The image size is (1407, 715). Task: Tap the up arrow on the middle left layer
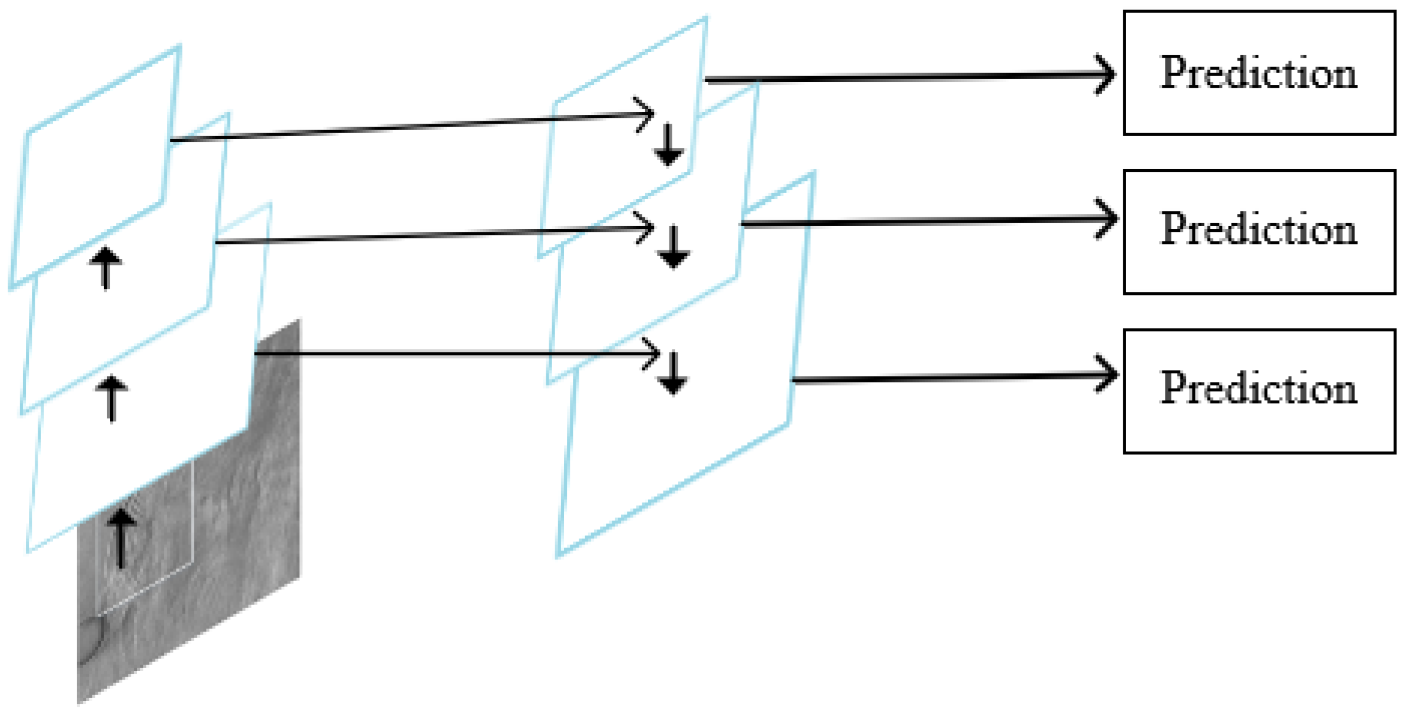point(111,399)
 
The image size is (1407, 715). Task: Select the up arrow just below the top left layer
point(105,268)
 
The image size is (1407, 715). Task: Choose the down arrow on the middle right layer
point(673,247)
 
